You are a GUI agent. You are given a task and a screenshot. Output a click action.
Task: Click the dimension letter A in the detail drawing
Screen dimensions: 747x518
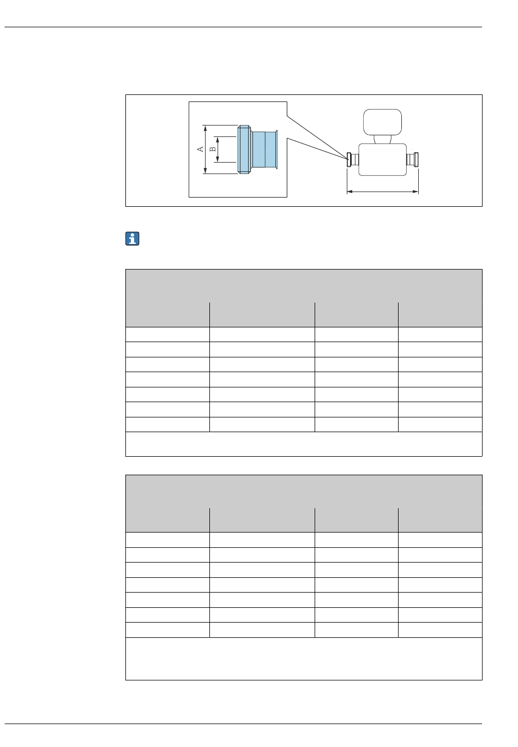click(x=200, y=149)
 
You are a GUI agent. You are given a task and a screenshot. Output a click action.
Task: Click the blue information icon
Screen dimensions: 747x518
click(x=132, y=239)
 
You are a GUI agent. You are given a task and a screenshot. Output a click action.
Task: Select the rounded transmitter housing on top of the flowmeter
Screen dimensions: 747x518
click(x=383, y=121)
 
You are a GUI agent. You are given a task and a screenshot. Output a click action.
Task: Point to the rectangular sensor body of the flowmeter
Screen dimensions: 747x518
click(x=383, y=159)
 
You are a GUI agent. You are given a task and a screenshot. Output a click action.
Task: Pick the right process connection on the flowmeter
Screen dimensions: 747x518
click(x=415, y=159)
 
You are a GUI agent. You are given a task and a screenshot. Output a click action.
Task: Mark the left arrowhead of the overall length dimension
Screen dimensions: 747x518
click(x=350, y=192)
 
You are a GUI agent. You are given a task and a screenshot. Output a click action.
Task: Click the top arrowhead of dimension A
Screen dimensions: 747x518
click(x=205, y=127)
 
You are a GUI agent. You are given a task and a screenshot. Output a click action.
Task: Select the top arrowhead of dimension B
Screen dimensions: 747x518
click(x=218, y=138)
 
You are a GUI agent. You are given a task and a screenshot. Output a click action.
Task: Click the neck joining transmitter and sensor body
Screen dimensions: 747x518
click(x=383, y=139)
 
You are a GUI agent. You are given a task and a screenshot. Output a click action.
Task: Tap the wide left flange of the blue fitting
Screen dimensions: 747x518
click(x=244, y=149)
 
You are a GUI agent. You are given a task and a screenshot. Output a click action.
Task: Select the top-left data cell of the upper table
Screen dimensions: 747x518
click(x=167, y=334)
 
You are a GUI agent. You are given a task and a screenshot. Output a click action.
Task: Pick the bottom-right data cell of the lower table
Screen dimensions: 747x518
click(x=440, y=630)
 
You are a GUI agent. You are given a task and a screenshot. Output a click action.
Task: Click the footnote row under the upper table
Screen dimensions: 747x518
click(x=304, y=444)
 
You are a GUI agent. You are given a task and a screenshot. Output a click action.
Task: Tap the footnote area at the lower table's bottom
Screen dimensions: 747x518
click(x=304, y=659)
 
